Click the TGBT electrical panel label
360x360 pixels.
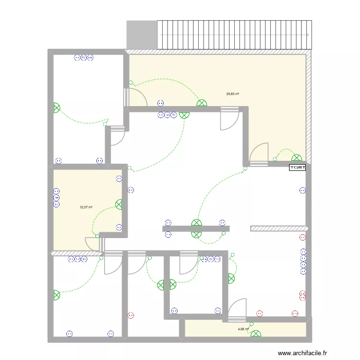pos(298,168)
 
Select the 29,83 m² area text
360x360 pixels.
pos(232,94)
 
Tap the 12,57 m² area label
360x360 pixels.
pos(86,207)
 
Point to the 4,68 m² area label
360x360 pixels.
pos(243,329)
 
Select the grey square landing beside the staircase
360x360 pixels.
pos(142,35)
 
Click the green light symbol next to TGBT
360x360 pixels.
pos(297,157)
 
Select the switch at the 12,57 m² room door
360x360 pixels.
pos(97,236)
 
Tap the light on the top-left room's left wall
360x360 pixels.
pos(57,108)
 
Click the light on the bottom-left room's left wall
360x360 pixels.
pos(57,295)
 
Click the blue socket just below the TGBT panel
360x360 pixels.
pos(302,191)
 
